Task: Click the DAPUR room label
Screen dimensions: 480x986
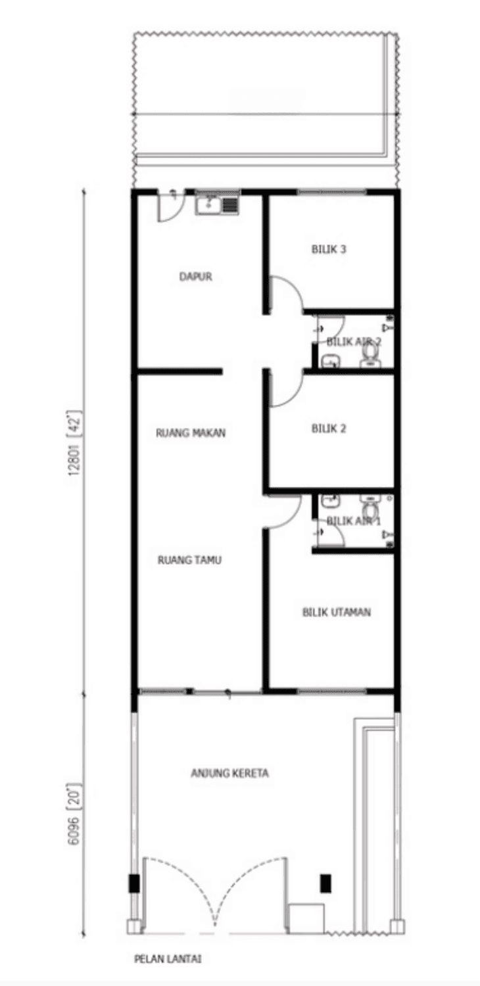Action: point(195,277)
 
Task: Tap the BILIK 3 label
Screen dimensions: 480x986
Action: point(329,249)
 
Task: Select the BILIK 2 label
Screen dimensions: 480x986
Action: point(329,429)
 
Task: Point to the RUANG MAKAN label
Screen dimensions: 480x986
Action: point(191,433)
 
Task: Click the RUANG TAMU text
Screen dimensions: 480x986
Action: point(189,560)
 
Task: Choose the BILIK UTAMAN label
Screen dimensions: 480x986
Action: point(337,612)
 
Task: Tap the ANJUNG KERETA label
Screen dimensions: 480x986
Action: point(230,774)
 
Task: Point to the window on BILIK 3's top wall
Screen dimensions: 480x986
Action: point(331,191)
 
